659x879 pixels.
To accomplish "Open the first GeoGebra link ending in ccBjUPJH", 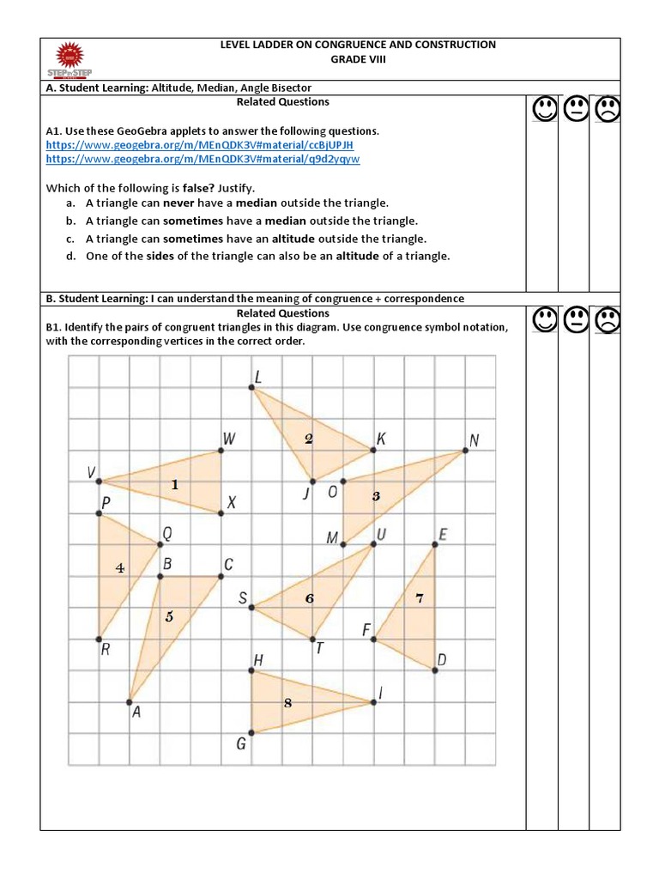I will [199, 145].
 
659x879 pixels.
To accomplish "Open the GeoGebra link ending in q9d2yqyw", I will [203, 159].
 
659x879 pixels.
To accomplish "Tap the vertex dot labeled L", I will [252, 389].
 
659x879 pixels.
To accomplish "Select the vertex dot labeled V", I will [100, 481].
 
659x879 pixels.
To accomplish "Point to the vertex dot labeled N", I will [465, 451].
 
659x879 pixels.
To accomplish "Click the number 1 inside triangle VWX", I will [175, 485].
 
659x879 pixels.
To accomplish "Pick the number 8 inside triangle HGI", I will [288, 703].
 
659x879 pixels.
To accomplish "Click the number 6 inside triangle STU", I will [310, 598].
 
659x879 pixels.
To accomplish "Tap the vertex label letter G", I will [241, 743].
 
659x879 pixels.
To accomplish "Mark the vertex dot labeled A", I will [130, 699].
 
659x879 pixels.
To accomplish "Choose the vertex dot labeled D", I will [434, 670].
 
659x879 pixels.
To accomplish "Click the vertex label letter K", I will [381, 439].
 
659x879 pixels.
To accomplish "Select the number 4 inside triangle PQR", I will [120, 568].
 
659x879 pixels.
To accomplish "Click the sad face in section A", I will [606, 110].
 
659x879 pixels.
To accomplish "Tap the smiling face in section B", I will [543, 321].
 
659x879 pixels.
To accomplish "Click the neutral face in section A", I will [575, 110].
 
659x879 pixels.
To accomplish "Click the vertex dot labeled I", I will [373, 702].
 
